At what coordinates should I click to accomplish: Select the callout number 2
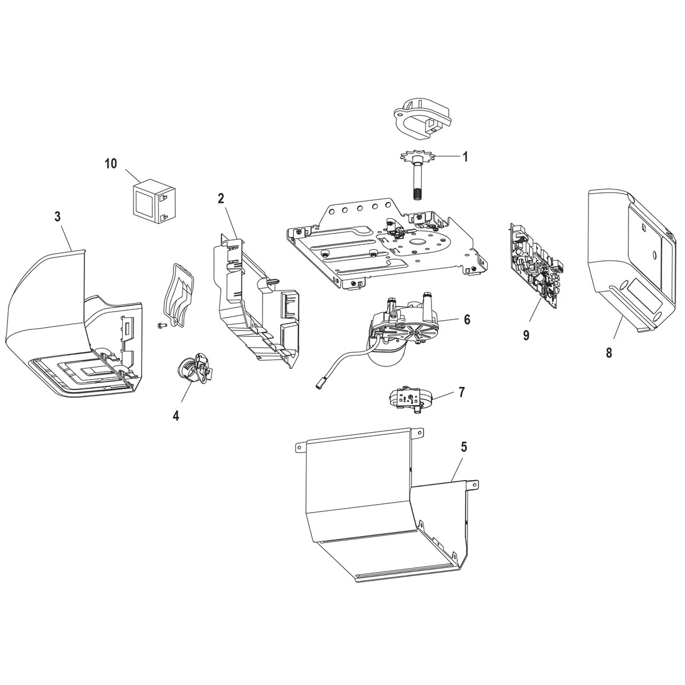tap(220, 199)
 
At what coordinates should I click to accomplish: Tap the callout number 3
tap(57, 216)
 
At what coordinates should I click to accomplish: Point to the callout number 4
tap(176, 416)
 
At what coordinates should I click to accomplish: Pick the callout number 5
tap(464, 447)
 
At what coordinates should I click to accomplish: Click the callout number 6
tap(467, 320)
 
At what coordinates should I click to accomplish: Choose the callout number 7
tap(461, 392)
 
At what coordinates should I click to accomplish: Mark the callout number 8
tap(609, 353)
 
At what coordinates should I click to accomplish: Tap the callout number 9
tap(526, 335)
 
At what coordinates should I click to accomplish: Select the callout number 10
tap(110, 164)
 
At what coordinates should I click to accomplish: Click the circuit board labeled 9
tap(534, 265)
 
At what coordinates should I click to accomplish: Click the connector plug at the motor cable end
tap(318, 385)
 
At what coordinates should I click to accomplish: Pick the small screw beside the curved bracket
tap(161, 325)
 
